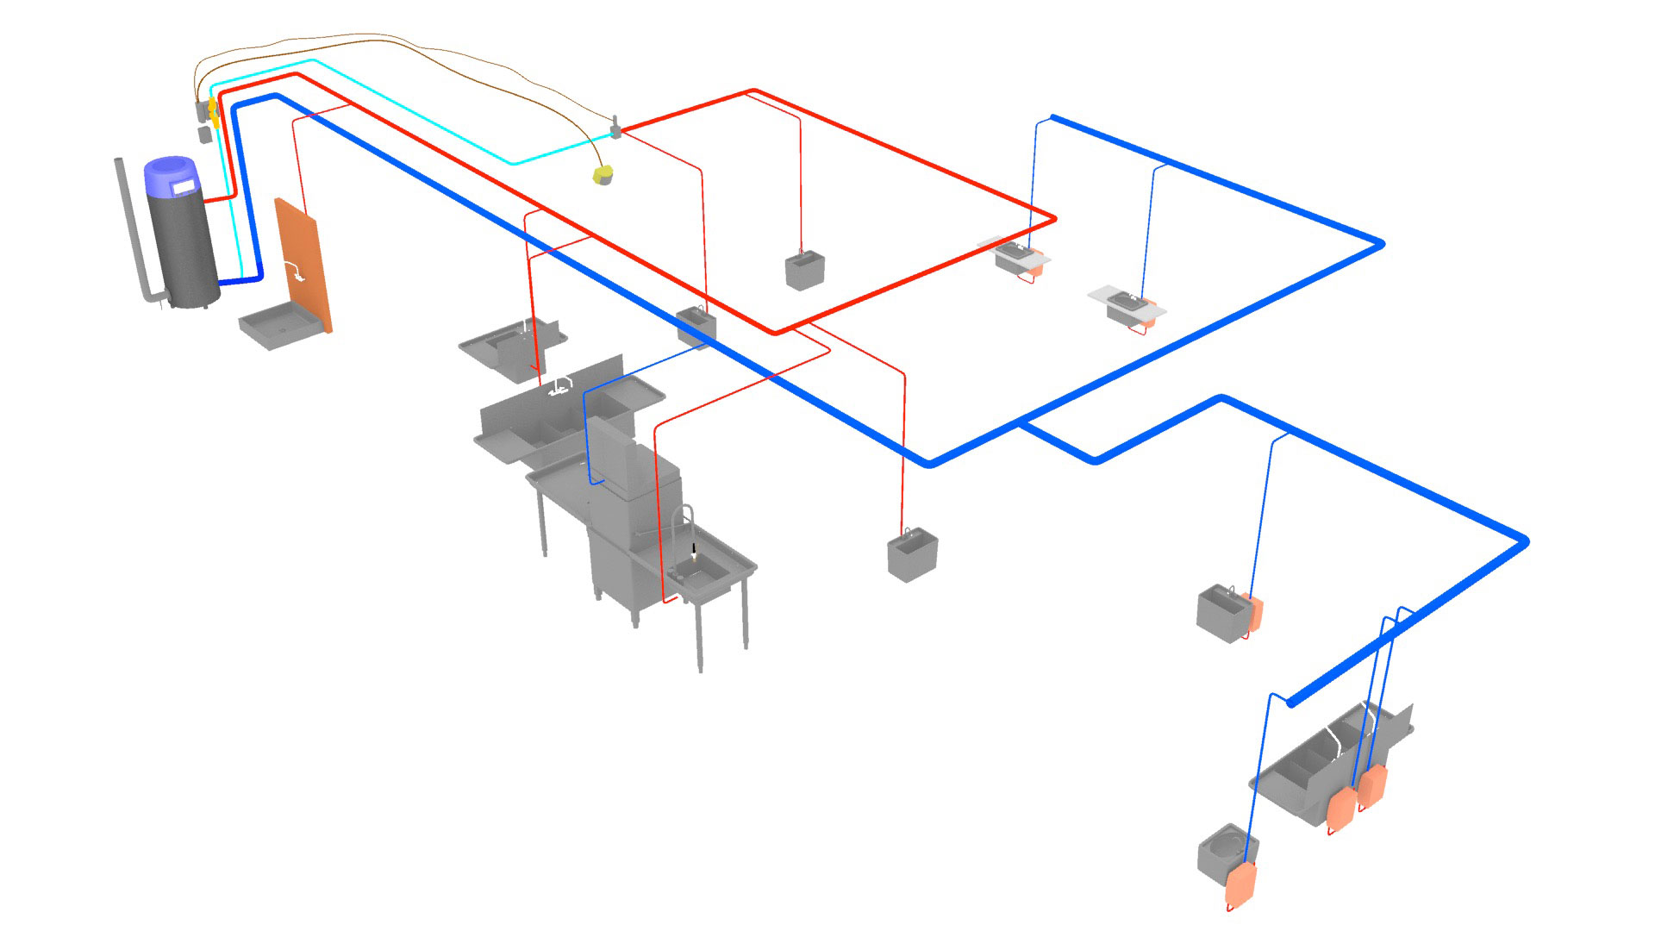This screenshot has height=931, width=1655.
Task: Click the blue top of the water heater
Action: pyautogui.click(x=171, y=176)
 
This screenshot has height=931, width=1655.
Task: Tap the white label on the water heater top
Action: pyautogui.click(x=184, y=185)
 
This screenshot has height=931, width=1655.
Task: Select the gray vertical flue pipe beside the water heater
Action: pyautogui.click(x=129, y=224)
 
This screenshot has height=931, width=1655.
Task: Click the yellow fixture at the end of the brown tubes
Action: pyautogui.click(x=603, y=175)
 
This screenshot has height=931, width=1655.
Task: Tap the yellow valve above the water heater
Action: pyautogui.click(x=213, y=108)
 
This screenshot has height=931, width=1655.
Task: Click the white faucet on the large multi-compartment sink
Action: pyautogui.click(x=561, y=385)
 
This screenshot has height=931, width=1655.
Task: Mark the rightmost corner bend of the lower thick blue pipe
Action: pyautogui.click(x=1523, y=541)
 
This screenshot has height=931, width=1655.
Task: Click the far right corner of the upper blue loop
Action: pyautogui.click(x=1380, y=245)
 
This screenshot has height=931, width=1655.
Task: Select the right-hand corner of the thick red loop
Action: pyautogui.click(x=1052, y=220)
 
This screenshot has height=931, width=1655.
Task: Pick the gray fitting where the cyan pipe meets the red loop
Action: pyautogui.click(x=616, y=130)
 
